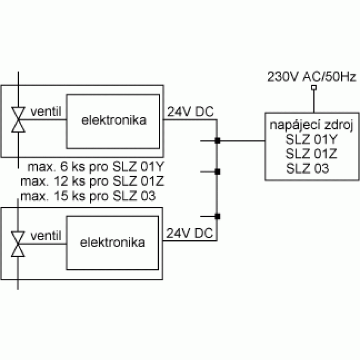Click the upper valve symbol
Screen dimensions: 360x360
pyautogui.click(x=18, y=120)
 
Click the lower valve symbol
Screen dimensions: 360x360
pyautogui.click(x=18, y=244)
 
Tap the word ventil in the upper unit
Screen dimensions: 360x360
pyautogui.click(x=45, y=111)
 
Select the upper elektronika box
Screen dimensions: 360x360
pyautogui.click(x=113, y=121)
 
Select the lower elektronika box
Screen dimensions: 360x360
pyautogui.click(x=112, y=243)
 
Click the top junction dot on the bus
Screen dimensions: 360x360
pyautogui.click(x=217, y=141)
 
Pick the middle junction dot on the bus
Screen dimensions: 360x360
pyautogui.click(x=217, y=171)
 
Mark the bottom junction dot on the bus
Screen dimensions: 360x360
pyautogui.click(x=217, y=216)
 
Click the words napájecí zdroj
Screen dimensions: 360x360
pyautogui.click(x=313, y=125)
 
